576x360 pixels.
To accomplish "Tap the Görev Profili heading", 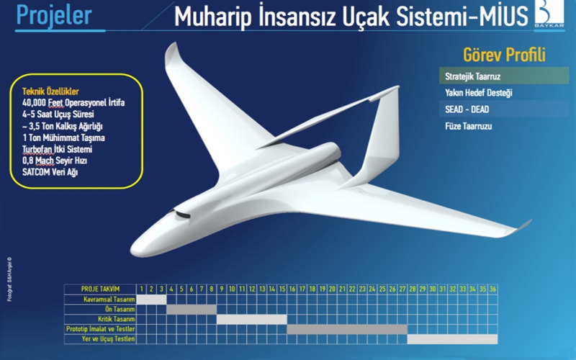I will click(505, 55).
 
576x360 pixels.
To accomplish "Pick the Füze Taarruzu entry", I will click(473, 127).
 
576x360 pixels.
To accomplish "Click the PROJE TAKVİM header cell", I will click(99, 289).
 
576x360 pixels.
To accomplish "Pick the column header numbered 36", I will click(492, 289).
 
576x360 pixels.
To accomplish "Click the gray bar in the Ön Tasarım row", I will click(192, 309).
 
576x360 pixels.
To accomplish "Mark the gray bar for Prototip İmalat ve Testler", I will click(347, 329).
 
